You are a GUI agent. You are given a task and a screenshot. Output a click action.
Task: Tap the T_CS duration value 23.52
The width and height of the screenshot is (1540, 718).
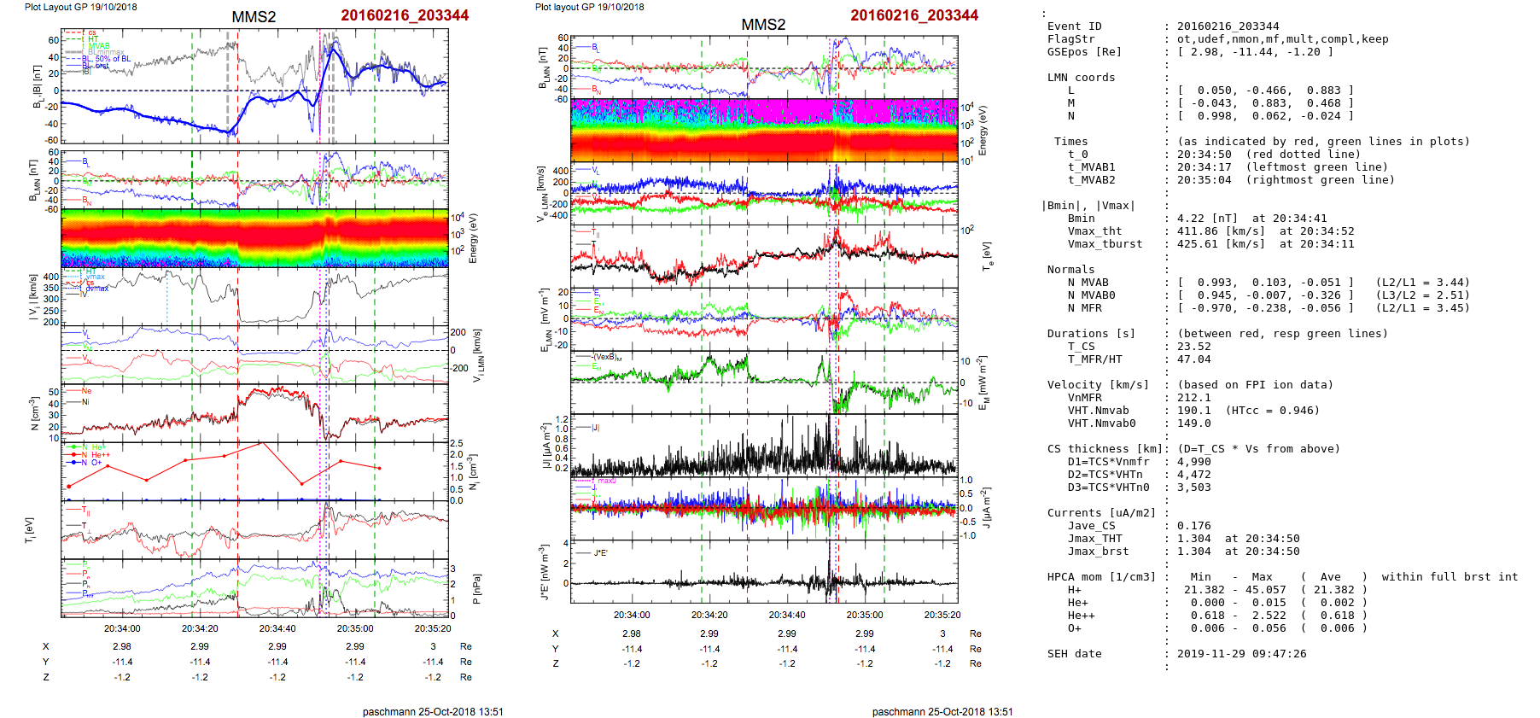(x=1193, y=347)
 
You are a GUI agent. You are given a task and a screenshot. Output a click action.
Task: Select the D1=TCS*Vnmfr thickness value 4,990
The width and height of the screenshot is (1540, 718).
(x=1193, y=462)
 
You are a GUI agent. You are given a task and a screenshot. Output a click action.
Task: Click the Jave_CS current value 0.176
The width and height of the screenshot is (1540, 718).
(x=1193, y=526)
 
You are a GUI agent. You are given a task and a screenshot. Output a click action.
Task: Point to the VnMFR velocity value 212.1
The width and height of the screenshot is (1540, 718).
(x=1193, y=398)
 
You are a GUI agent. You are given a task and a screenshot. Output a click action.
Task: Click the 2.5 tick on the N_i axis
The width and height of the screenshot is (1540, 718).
(x=457, y=444)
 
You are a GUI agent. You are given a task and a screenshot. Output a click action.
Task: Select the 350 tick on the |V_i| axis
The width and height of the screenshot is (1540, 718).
(x=51, y=288)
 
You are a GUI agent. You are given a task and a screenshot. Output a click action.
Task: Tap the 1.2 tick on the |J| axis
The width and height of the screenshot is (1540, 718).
(x=562, y=420)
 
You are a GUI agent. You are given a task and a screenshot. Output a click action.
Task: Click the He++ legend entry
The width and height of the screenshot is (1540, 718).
(x=99, y=455)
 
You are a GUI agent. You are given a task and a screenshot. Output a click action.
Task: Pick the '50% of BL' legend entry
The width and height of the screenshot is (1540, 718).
(x=113, y=59)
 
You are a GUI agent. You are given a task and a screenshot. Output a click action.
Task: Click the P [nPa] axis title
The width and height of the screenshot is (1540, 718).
(x=476, y=589)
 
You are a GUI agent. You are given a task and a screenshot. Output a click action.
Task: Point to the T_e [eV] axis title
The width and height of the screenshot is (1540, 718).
(x=987, y=254)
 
